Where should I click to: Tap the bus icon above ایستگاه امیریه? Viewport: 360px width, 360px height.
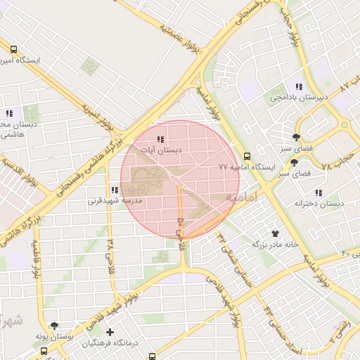14,49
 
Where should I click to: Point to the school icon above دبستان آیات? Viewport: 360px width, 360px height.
161,139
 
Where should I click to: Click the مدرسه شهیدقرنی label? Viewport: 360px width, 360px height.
115,200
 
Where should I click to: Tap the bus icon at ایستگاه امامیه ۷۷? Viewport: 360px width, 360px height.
246,156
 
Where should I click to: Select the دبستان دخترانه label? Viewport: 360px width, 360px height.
319,204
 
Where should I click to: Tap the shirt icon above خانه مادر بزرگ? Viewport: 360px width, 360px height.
276,233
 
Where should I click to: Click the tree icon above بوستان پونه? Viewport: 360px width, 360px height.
54,326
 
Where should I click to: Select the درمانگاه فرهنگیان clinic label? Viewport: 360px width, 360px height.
110,343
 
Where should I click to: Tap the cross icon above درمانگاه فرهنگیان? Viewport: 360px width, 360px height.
110,332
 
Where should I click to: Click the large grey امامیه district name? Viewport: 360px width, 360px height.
241,196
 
